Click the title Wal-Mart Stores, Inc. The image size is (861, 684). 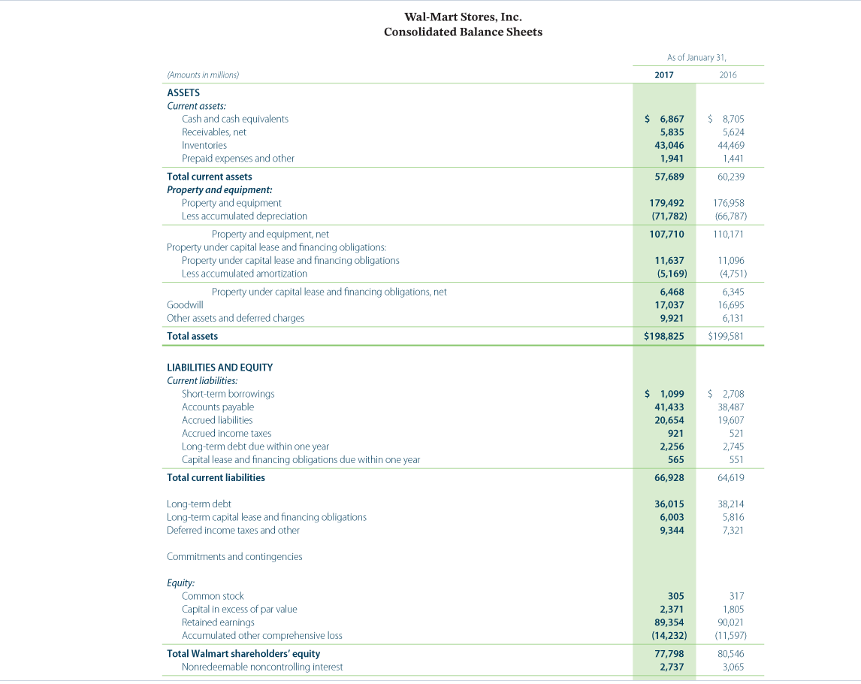click(463, 17)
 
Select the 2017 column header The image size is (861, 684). click(664, 75)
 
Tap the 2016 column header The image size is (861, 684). click(727, 75)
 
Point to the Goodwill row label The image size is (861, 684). click(185, 304)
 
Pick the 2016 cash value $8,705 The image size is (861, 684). click(727, 119)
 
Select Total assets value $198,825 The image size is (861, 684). click(664, 336)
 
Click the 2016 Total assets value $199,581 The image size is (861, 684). click(727, 336)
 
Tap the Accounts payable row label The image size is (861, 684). click(218, 407)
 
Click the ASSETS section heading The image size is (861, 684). click(183, 92)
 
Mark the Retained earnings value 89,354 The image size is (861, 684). click(667, 622)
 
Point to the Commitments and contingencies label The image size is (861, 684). click(234, 556)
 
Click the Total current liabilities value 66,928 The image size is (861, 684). click(667, 477)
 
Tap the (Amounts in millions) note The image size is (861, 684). click(203, 75)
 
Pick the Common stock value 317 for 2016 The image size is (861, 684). click(736, 596)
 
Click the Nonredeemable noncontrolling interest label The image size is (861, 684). click(262, 667)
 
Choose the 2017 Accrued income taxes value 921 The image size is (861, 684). click(675, 433)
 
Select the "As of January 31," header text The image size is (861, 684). click(696, 57)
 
